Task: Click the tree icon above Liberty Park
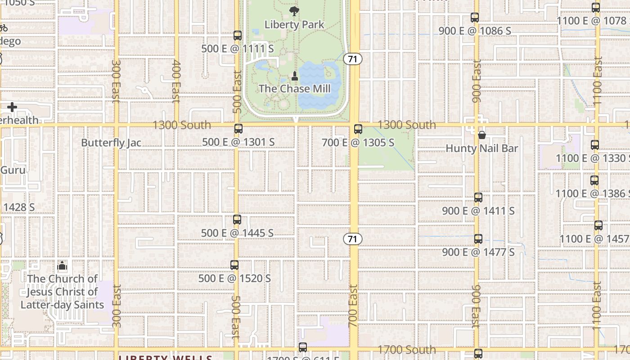(294, 11)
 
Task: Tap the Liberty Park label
(294, 24)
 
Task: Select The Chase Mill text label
(294, 89)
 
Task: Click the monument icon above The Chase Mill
(295, 76)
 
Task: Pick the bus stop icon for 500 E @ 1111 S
(238, 36)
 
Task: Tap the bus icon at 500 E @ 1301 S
(238, 129)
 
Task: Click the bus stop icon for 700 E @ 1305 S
(358, 129)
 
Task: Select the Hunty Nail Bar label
(481, 148)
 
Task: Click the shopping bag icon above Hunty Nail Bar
(481, 135)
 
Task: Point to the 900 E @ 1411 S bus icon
(478, 197)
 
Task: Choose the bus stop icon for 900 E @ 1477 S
(478, 238)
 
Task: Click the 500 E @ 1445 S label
(237, 233)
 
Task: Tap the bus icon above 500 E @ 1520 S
(234, 265)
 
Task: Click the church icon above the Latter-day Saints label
(62, 265)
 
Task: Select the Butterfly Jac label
(111, 143)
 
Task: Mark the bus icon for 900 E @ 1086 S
(475, 18)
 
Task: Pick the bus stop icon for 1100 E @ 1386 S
(594, 180)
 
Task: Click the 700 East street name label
(353, 306)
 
